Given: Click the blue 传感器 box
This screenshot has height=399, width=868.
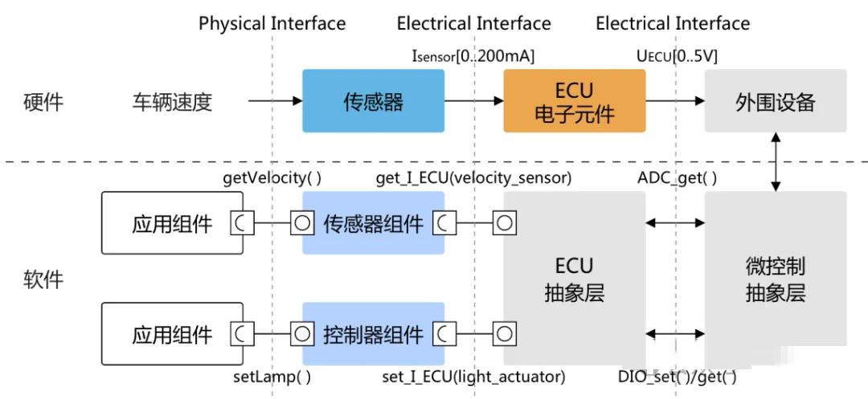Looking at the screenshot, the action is pos(373,100).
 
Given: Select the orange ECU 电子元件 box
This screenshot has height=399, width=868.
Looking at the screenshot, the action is pos(574,100).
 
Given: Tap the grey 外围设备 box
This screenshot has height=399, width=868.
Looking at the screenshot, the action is pos(775,100).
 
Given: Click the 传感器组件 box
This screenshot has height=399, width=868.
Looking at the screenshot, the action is pos(373,222).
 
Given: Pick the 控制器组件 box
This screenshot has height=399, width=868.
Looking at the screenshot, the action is pos(373,334).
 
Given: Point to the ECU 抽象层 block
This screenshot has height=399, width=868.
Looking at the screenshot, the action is pos(574,278).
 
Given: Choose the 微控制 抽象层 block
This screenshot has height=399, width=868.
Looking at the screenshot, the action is pos(775,278).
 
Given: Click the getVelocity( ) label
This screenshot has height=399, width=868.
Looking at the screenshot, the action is pos(272,178).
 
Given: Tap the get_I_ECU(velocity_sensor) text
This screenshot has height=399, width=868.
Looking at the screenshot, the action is pos(473,178).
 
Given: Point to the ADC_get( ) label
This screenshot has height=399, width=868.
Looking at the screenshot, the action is pos(677,178).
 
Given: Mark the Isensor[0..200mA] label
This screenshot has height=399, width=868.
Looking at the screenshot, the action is pos(473,56).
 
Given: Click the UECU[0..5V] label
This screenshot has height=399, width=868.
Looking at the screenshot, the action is pos(678,56).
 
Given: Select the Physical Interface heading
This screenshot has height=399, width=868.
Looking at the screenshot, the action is pos(272,23).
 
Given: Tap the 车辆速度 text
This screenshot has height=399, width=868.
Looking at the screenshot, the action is pos(172,102).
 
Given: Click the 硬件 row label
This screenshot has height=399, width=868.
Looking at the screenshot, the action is pos(43,102).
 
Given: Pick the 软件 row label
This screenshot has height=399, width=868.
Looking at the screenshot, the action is pos(43,279).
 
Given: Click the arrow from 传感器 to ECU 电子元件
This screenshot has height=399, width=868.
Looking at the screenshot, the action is pos(474,100).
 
